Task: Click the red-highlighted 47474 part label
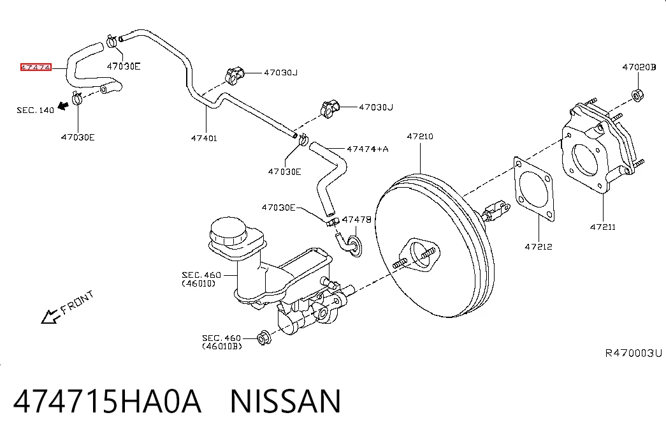point(36,67)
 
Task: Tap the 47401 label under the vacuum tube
point(204,138)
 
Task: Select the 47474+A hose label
point(367,149)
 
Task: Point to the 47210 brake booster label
point(420,136)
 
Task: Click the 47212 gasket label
point(539,246)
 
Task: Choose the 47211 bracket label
point(603,227)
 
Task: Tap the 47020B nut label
point(639,67)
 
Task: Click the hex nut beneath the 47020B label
point(637,95)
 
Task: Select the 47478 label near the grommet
point(357,220)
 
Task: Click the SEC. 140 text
point(35,110)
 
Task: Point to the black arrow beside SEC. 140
point(63,105)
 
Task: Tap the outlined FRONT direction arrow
point(50,316)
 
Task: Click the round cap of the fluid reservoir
point(228,231)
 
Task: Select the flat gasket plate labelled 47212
point(534,189)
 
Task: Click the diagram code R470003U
point(633,353)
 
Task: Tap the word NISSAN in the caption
point(286,401)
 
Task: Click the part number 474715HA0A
point(107,401)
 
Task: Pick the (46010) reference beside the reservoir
point(198,283)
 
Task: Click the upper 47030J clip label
point(281,72)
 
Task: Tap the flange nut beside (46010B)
point(264,338)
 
